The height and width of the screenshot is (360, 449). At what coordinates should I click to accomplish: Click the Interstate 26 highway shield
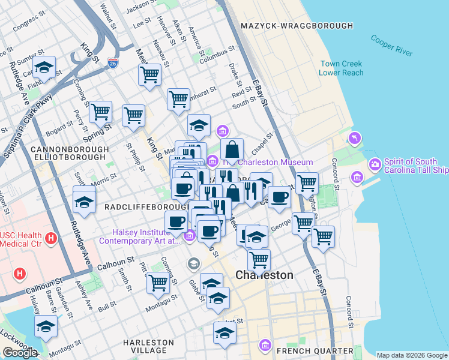coord(113,62)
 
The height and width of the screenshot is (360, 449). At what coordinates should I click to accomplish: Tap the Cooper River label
coord(391,46)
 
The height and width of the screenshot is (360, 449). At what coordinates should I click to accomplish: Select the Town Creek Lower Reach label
coord(342,68)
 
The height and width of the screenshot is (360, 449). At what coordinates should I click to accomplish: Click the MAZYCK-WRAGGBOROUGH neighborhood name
coord(297,26)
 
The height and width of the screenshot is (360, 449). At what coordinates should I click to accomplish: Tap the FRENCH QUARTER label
coord(315,350)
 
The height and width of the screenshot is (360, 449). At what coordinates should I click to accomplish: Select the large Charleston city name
coord(265,275)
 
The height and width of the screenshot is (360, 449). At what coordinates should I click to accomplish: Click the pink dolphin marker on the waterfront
coord(355,139)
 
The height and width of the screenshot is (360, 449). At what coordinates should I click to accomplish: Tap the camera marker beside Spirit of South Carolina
coord(375,163)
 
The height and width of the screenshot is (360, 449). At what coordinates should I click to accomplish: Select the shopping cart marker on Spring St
coord(100,111)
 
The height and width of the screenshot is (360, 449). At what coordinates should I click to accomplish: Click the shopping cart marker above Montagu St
coord(158,282)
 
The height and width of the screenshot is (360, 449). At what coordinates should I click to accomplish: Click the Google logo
coord(20,353)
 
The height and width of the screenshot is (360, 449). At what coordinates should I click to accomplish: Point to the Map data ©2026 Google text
coord(412,355)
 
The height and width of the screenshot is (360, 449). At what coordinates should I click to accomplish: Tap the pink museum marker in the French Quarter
coord(265,345)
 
